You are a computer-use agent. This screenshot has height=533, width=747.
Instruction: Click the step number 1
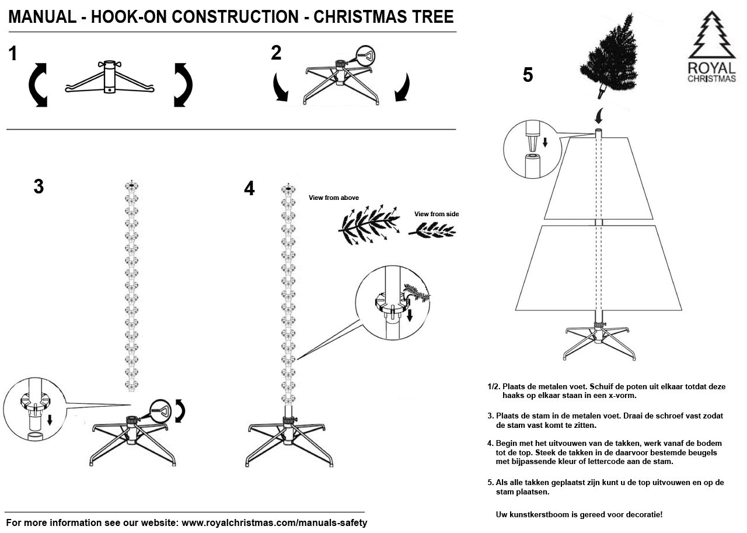tap(13, 54)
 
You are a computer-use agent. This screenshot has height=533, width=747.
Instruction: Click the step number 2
tap(276, 53)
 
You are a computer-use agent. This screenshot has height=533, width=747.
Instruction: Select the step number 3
tap(39, 186)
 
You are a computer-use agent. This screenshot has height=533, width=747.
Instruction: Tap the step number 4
tap(249, 188)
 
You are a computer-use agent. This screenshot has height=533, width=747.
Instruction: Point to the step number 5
tap(528, 75)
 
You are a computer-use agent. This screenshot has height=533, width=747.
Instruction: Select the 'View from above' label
tap(333, 198)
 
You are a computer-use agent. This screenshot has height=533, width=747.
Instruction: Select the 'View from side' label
tap(436, 214)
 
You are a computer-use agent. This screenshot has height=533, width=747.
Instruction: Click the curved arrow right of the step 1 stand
tap(183, 85)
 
